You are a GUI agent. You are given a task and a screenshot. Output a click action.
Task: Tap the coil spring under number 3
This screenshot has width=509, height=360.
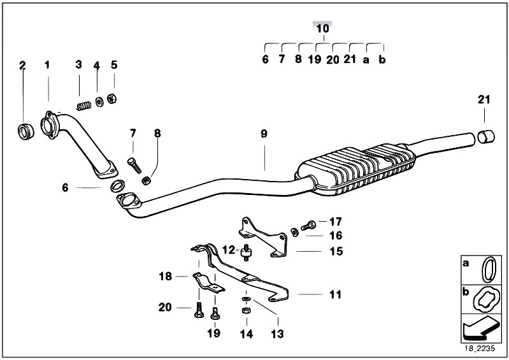[83, 106]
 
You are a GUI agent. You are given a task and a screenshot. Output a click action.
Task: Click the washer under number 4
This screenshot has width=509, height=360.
[99, 102]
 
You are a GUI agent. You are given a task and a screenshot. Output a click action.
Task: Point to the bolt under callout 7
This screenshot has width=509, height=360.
[134, 165]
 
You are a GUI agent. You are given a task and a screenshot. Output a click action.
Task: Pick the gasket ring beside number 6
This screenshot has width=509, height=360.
[118, 186]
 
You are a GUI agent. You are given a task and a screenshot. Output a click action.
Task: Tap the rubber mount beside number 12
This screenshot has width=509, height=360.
[247, 252]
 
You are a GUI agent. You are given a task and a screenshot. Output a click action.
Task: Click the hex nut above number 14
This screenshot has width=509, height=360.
[246, 311]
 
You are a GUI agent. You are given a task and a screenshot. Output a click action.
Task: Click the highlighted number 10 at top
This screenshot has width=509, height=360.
[322, 28]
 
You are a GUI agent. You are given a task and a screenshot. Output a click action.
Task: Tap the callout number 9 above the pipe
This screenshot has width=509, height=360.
[264, 133]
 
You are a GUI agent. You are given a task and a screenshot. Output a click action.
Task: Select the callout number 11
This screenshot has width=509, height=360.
[335, 295]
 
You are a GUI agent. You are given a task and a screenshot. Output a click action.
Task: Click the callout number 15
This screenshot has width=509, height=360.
[336, 251]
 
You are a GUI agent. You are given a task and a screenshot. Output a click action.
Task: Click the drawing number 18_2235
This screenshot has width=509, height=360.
[480, 349]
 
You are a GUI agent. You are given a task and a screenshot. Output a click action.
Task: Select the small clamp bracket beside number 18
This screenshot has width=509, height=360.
[208, 282]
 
